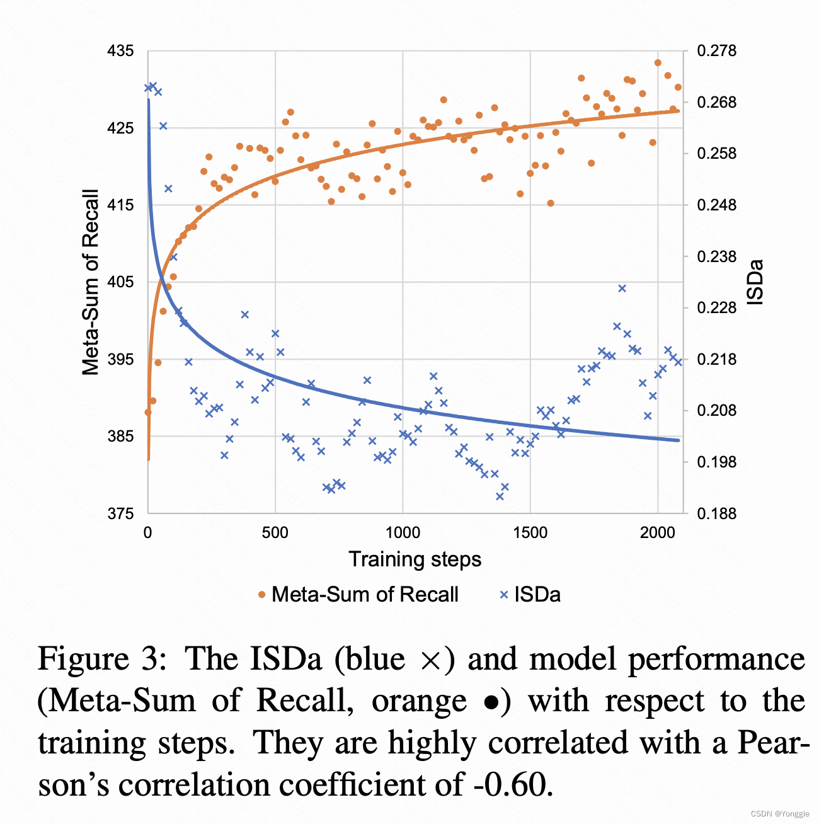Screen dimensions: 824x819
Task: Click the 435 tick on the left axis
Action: click(121, 51)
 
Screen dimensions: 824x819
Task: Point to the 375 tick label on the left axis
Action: click(121, 513)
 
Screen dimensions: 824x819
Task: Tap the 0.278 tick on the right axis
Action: click(716, 51)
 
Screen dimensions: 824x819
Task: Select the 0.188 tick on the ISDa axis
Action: click(716, 513)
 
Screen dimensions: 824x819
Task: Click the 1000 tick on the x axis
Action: click(403, 532)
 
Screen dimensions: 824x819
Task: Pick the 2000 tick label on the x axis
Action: click(658, 532)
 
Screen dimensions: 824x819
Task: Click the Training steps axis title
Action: click(415, 559)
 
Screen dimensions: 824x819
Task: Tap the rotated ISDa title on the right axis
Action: click(755, 282)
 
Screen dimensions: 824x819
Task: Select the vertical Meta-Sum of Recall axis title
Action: click(91, 282)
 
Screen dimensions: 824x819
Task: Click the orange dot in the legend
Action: click(262, 595)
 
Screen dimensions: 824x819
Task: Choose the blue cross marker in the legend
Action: click(503, 595)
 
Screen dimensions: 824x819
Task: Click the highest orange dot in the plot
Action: click(658, 62)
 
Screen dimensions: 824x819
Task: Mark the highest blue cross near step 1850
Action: click(622, 289)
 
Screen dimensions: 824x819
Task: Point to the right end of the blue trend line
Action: click(679, 440)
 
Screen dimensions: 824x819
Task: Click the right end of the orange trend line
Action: click(679, 111)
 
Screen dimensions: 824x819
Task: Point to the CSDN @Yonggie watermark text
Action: click(781, 813)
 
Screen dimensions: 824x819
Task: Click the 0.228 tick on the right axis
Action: click(716, 308)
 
